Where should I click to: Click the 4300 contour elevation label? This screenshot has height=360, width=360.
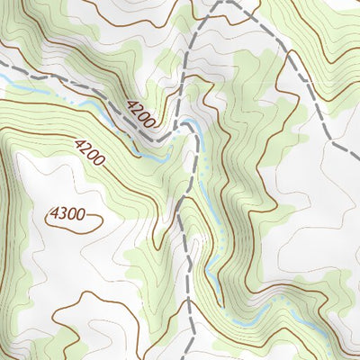point(68,215)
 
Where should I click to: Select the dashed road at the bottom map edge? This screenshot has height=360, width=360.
point(190,356)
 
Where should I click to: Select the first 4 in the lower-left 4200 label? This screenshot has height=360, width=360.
point(79,143)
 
